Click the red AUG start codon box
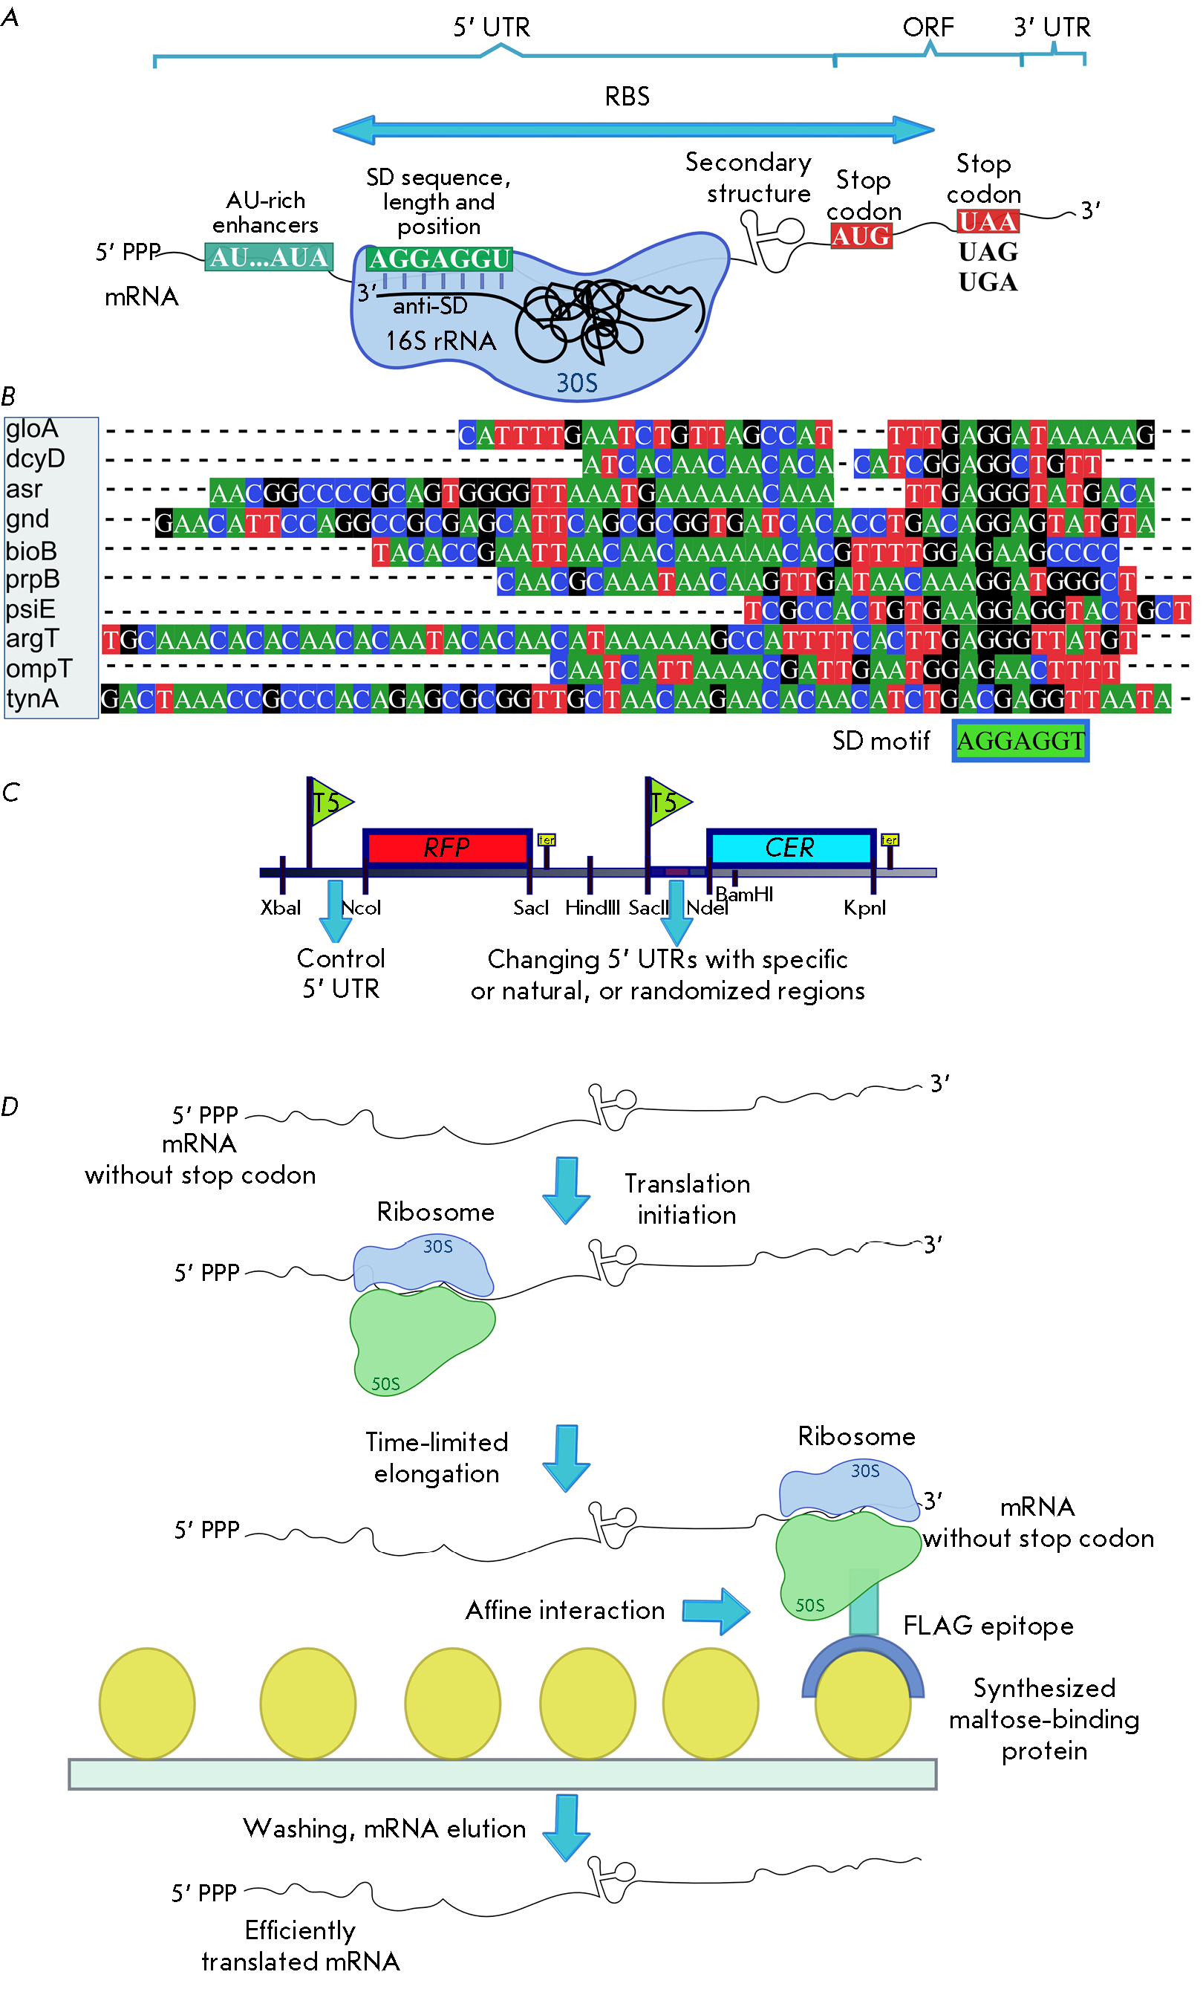pyautogui.click(x=861, y=236)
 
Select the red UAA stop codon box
pyautogui.click(x=988, y=221)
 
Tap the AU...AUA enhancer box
pyautogui.click(x=269, y=258)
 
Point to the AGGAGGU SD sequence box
pyautogui.click(x=439, y=259)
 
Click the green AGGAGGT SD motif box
pyautogui.click(x=1020, y=740)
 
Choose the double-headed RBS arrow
pyautogui.click(x=633, y=129)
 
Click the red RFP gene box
pyautogui.click(x=446, y=847)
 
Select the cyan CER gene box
pyautogui.click(x=790, y=847)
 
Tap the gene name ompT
pyautogui.click(x=39, y=669)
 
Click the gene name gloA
pyautogui.click(x=32, y=429)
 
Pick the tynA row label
pyautogui.click(x=32, y=698)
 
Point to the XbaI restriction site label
pyautogui.click(x=280, y=907)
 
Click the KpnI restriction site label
pyautogui.click(x=864, y=907)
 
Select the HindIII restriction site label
pyautogui.click(x=593, y=907)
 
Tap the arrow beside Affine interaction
pyautogui.click(x=716, y=1610)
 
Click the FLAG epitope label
pyautogui.click(x=988, y=1625)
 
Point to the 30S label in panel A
pyautogui.click(x=577, y=382)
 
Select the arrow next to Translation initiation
pyautogui.click(x=567, y=1190)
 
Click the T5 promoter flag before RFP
pyautogui.click(x=330, y=802)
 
